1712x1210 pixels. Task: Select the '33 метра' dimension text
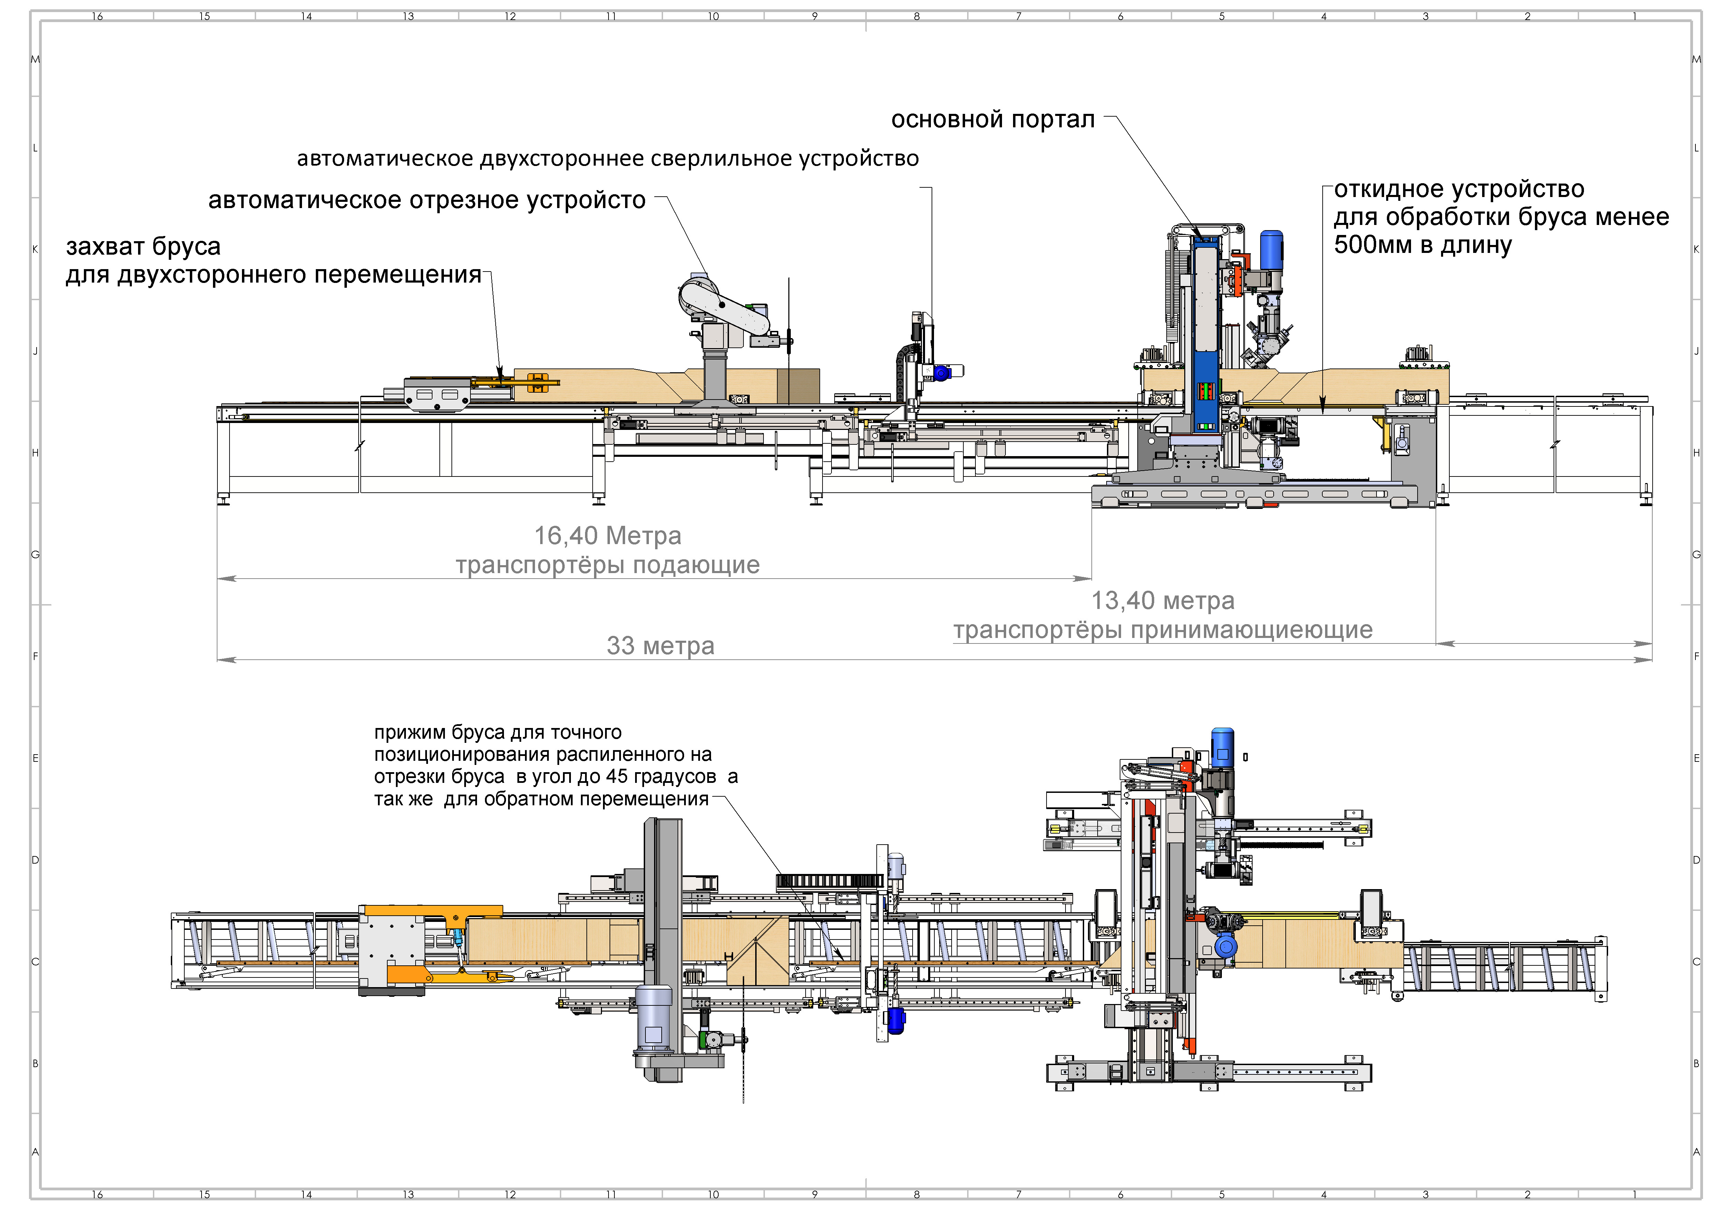tap(660, 646)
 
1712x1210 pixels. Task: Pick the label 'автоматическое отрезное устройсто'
tap(427, 200)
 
